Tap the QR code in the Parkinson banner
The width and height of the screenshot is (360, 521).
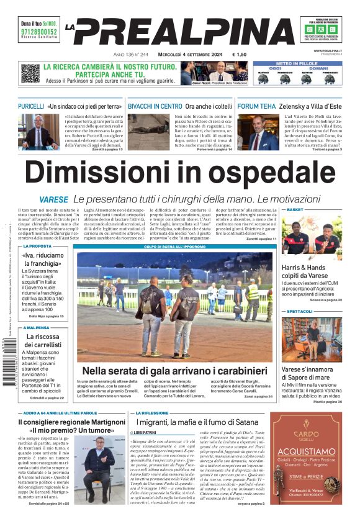coord(30,73)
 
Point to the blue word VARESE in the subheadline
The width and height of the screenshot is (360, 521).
coord(53,200)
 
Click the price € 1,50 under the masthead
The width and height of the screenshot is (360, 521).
coord(240,55)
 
